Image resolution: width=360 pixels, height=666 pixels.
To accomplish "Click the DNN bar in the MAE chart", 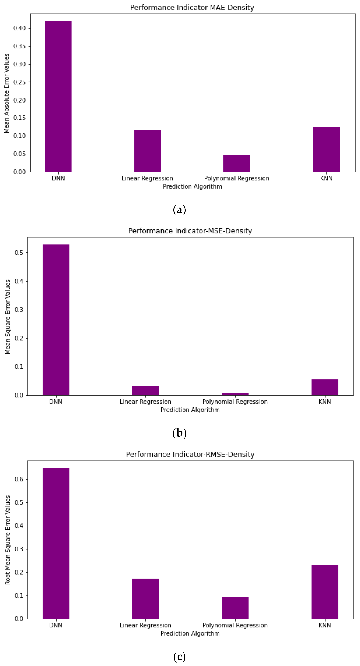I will tap(58, 97).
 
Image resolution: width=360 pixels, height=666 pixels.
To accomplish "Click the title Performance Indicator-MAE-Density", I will tap(192, 8).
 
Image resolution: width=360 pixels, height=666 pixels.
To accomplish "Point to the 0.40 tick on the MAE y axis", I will tap(20, 28).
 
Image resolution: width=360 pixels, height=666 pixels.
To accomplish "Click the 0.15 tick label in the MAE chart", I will tap(20, 118).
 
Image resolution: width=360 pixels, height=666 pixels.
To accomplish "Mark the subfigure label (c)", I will tap(179, 656).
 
